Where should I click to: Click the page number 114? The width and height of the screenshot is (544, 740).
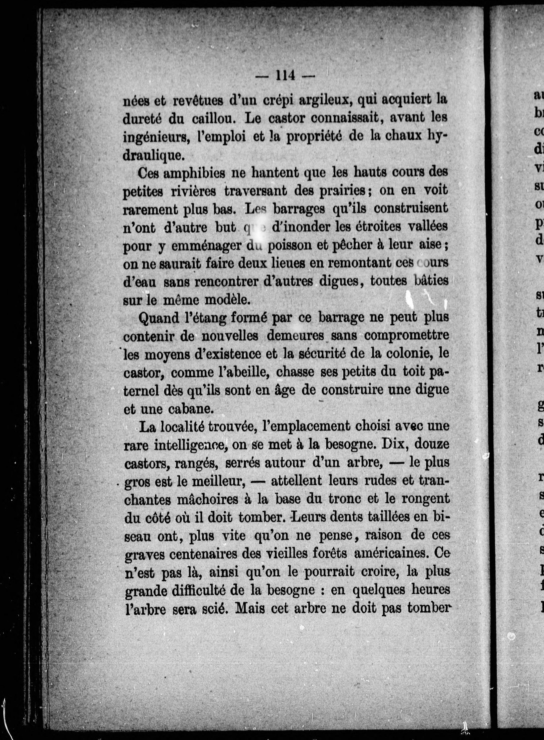285,76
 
